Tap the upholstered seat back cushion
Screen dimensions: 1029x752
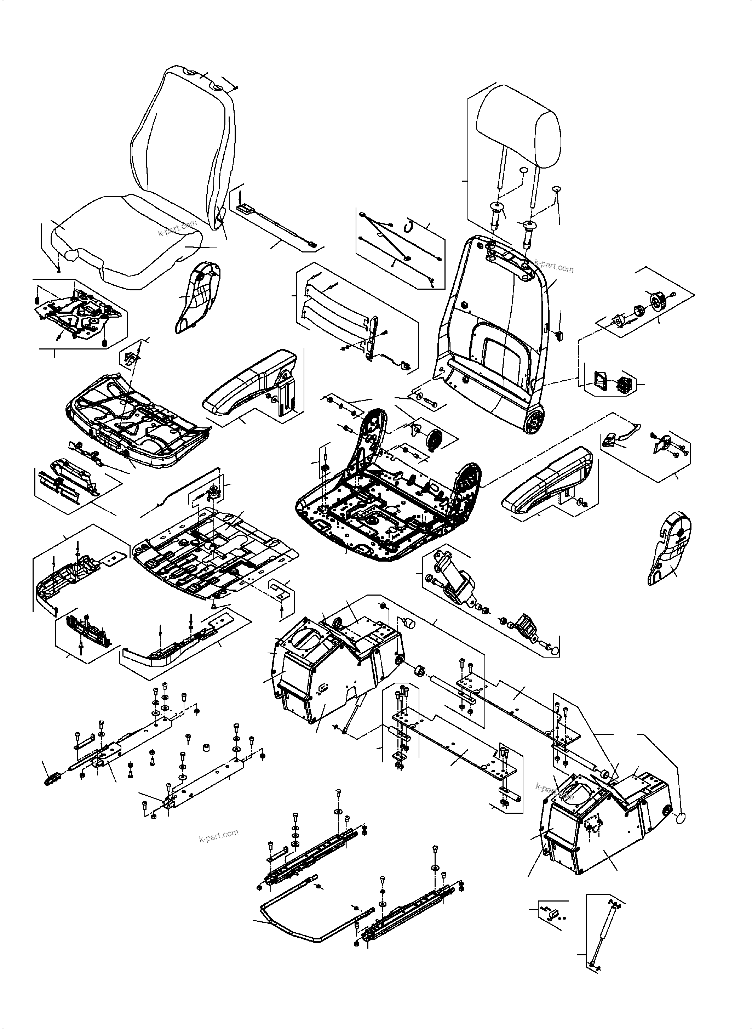point(182,132)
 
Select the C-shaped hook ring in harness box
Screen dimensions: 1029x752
point(410,224)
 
